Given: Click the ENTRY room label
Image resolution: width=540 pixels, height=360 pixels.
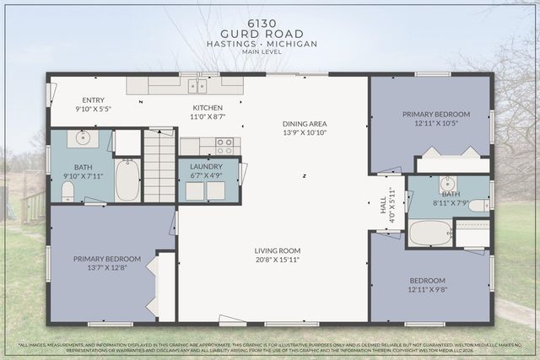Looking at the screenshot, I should tap(94, 99).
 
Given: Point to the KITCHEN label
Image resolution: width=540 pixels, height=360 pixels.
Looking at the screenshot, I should tap(208, 108).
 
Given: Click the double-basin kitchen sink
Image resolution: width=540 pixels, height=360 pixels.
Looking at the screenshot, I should tap(197, 86).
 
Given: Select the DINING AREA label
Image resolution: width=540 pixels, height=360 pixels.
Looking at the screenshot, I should tap(304, 124).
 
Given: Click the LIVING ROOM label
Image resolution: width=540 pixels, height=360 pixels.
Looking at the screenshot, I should tap(278, 250).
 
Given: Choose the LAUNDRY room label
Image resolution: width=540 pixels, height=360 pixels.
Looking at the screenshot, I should tap(206, 167).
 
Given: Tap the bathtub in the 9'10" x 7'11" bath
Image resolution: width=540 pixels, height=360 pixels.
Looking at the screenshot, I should tap(127, 180).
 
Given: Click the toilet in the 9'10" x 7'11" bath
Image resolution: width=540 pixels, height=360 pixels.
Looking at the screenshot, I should tap(68, 192).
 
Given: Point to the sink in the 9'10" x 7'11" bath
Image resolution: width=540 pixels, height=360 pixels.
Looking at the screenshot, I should tap(84, 138).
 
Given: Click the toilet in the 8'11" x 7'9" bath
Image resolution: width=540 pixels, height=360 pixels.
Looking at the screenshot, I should tap(478, 205).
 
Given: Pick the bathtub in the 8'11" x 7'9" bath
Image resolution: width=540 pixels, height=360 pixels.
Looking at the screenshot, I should tap(429, 232).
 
